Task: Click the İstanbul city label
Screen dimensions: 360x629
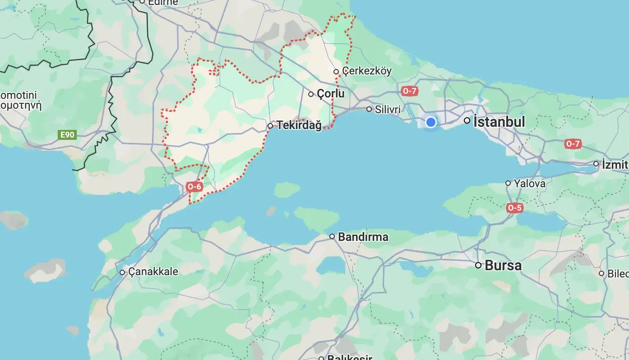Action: pos(499,122)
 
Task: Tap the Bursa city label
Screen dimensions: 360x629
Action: pos(503,265)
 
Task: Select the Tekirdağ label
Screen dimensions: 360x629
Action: pos(299,125)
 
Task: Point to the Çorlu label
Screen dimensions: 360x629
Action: pos(330,94)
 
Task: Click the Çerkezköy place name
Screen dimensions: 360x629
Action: pos(367,71)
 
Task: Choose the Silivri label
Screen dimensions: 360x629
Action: pos(388,109)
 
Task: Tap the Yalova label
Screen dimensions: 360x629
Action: pos(530,184)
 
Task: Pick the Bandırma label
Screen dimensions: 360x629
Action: pos(363,237)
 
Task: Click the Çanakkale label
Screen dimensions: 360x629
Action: pos(153,272)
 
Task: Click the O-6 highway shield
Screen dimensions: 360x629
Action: pos(195,186)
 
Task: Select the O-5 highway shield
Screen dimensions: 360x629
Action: pos(514,208)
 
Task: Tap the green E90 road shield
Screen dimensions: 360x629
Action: pos(67,134)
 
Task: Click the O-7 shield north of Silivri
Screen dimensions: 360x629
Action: pos(409,91)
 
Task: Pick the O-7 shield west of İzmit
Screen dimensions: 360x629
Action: pos(573,144)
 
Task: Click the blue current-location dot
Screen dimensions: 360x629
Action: pos(431,122)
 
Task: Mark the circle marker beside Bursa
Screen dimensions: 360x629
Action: pos(478,265)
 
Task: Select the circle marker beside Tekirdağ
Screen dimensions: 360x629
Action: pos(270,126)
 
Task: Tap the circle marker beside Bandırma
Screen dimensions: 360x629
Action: pos(332,236)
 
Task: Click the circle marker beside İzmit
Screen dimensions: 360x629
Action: pos(597,164)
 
